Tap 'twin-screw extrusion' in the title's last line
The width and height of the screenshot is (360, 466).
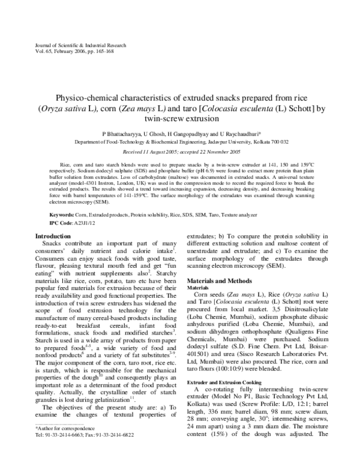click(x=179, y=120)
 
